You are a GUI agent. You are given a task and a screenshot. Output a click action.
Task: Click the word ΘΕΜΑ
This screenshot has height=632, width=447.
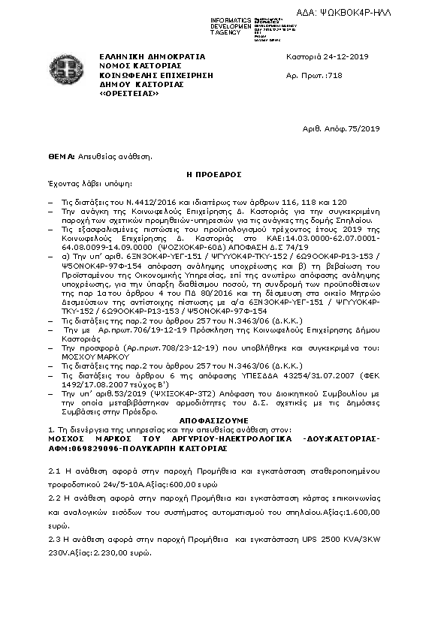60,157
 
